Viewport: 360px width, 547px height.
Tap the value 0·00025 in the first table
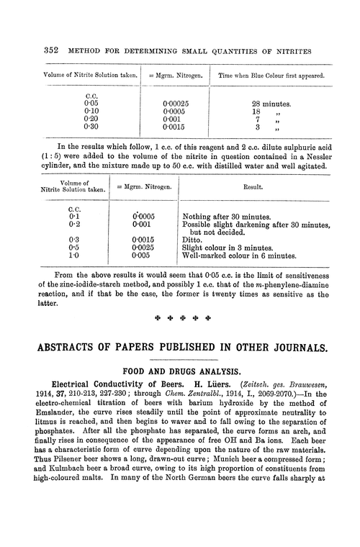pyautogui.click(x=179, y=104)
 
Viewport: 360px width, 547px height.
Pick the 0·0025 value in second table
pyautogui.click(x=148, y=245)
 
